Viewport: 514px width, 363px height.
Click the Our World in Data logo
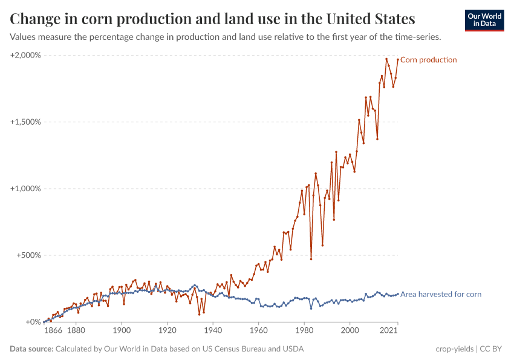point(484,20)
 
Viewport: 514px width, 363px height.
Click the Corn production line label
point(429,60)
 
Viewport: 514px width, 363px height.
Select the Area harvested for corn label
point(441,295)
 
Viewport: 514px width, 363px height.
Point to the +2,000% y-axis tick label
point(26,55)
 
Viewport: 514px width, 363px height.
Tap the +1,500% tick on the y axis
point(26,122)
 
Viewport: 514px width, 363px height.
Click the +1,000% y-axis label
point(26,188)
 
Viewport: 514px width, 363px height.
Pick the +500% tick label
point(30,255)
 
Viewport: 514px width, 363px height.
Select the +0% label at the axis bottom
point(33,322)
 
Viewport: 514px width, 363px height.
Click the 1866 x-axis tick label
point(53,332)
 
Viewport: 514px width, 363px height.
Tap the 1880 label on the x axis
point(76,332)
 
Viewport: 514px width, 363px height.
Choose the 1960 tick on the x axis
point(258,332)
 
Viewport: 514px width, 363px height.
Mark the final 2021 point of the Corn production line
point(397,60)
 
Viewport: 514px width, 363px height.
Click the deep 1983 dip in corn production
point(311,259)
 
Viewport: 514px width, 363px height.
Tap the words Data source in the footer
point(31,349)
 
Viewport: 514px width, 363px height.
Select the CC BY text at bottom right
point(492,349)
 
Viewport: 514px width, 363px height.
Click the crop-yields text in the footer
point(454,349)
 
